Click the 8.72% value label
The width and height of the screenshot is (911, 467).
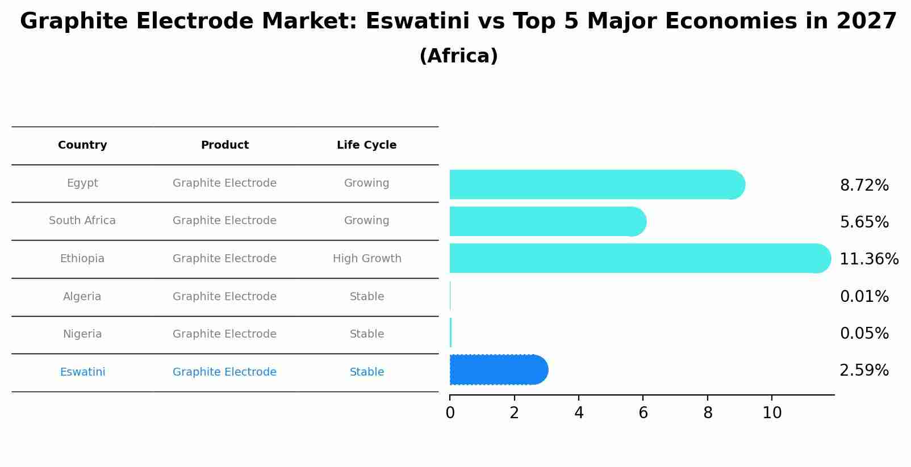pyautogui.click(x=864, y=186)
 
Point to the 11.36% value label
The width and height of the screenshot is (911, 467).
pyautogui.click(x=868, y=259)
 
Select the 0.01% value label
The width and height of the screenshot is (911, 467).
pyautogui.click(x=864, y=297)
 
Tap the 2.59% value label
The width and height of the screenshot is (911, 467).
pyautogui.click(x=864, y=371)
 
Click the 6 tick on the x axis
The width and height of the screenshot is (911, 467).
pyautogui.click(x=643, y=413)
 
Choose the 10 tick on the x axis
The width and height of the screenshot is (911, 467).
pyautogui.click(x=772, y=413)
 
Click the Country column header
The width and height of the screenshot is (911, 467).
pyautogui.click(x=82, y=145)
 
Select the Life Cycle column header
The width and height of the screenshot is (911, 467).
pyautogui.click(x=366, y=145)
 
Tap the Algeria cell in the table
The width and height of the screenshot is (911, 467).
pyautogui.click(x=82, y=297)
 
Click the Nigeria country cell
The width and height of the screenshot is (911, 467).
pyautogui.click(x=82, y=334)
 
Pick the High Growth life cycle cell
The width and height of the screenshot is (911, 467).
pyautogui.click(x=367, y=259)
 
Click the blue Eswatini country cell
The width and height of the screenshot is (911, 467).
pyautogui.click(x=82, y=372)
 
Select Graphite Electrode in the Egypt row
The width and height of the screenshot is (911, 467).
pyautogui.click(x=224, y=183)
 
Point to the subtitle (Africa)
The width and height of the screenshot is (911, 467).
pyautogui.click(x=458, y=56)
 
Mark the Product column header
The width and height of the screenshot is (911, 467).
pyautogui.click(x=224, y=145)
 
